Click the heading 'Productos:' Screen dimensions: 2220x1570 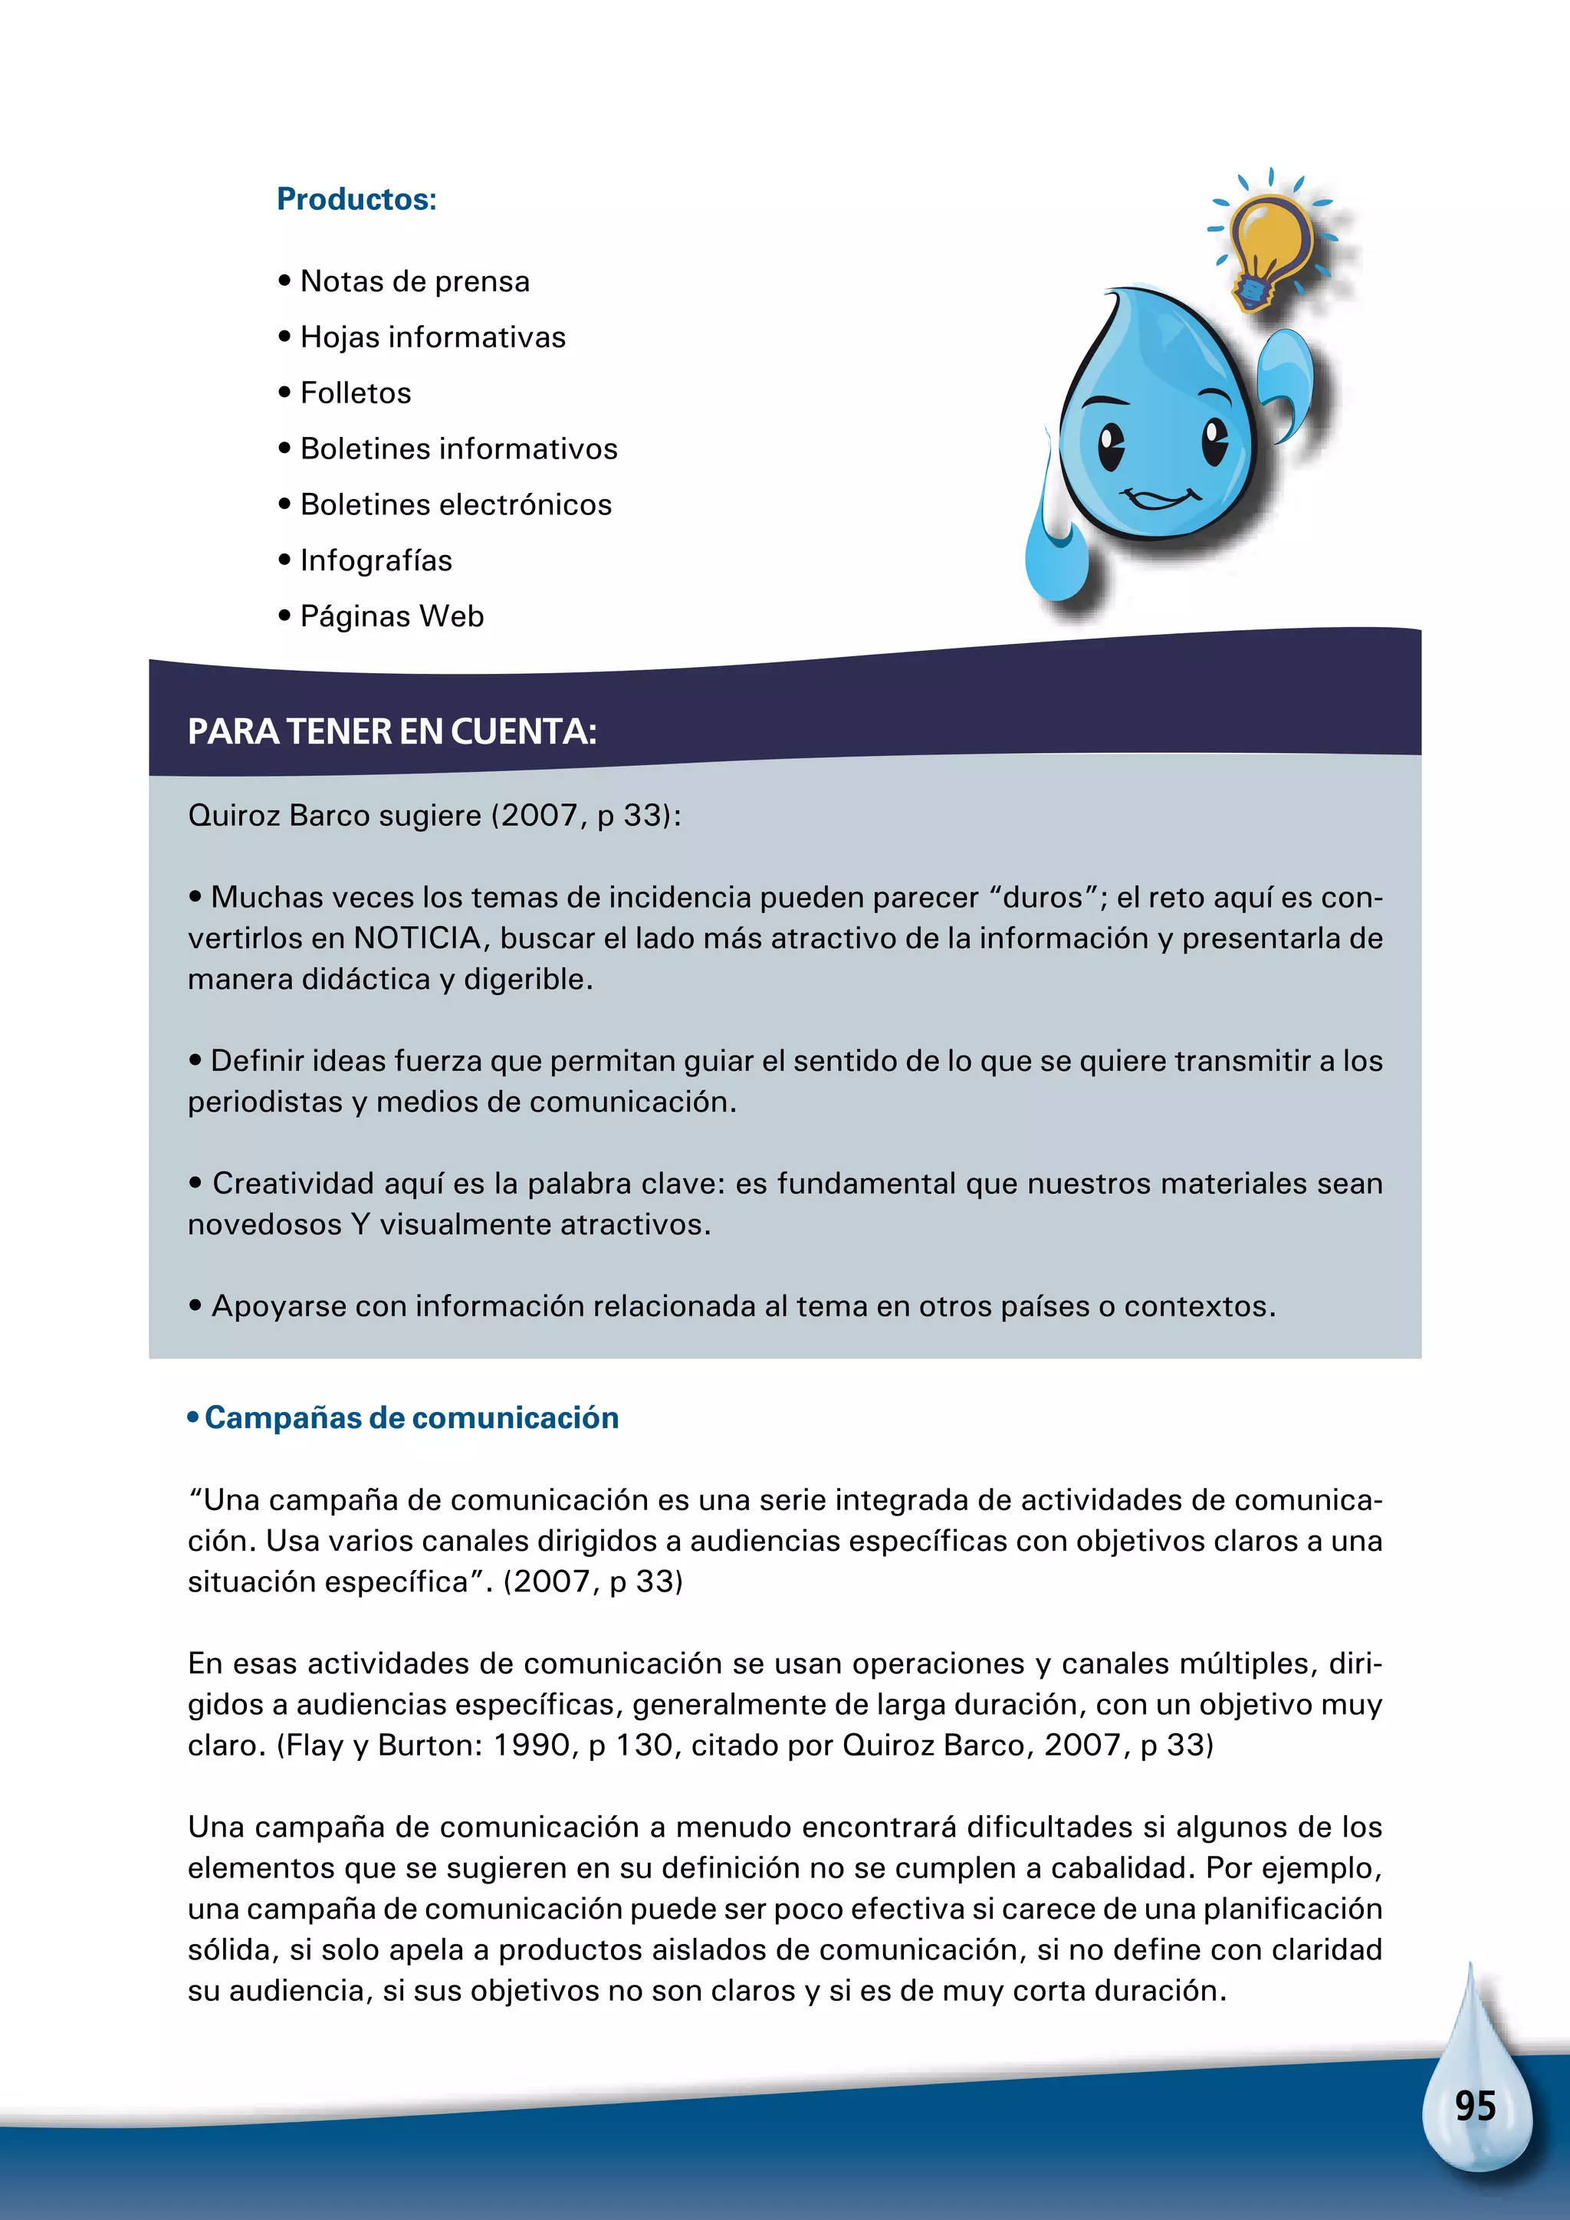pyautogui.click(x=356, y=199)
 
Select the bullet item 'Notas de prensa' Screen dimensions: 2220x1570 pyautogui.click(x=415, y=281)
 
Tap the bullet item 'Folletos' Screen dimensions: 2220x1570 pyautogui.click(x=356, y=393)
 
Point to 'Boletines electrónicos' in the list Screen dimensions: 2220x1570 pyautogui.click(x=455, y=504)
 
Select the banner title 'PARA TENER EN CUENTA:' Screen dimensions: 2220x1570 pyautogui.click(x=392, y=732)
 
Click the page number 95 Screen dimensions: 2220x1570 pyautogui.click(x=1474, y=2106)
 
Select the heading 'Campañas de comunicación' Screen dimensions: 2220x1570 pyautogui.click(x=411, y=1418)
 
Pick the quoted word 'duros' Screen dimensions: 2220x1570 pyautogui.click(x=1042, y=898)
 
